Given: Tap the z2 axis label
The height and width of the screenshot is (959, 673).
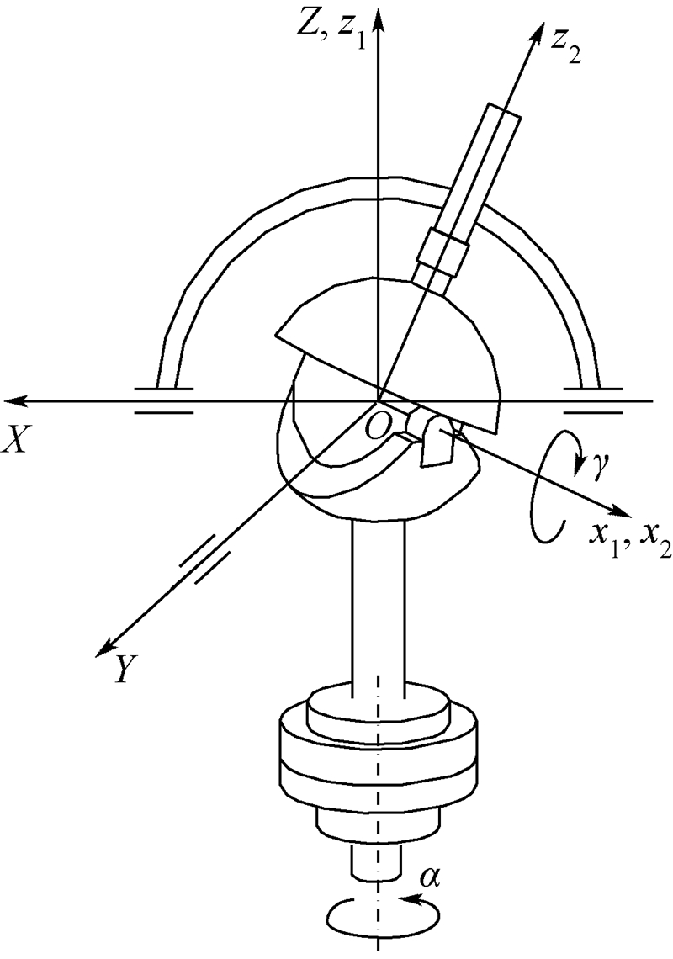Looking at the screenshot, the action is pyautogui.click(x=563, y=51).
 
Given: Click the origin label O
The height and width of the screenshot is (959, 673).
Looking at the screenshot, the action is pyautogui.click(x=379, y=427).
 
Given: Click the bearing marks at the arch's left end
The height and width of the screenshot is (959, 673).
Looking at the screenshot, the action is pyautogui.click(x=163, y=400).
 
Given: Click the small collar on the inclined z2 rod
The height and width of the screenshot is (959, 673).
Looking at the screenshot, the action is pyautogui.click(x=443, y=249).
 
